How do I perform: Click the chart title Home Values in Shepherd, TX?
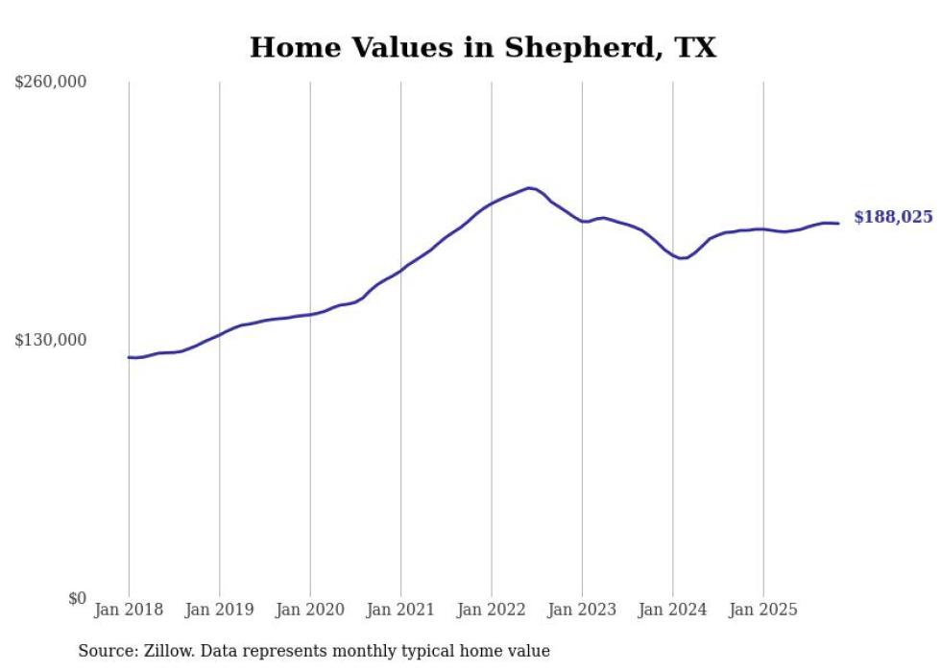pyautogui.click(x=483, y=47)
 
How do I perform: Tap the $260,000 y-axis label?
pyautogui.click(x=51, y=83)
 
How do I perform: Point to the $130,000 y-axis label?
pyautogui.click(x=51, y=340)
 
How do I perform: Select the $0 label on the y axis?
pyautogui.click(x=77, y=598)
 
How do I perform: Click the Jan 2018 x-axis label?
pyautogui.click(x=129, y=610)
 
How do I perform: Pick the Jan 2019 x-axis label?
pyautogui.click(x=219, y=610)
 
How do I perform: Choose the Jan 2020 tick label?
pyautogui.click(x=310, y=610)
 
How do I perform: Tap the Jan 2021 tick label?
pyautogui.click(x=400, y=610)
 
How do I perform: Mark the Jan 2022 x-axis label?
pyautogui.click(x=492, y=610)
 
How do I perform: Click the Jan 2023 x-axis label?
pyautogui.click(x=582, y=610)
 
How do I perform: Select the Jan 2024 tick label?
pyautogui.click(x=673, y=610)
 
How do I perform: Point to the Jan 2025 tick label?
pyautogui.click(x=763, y=610)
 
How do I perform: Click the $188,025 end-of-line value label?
pyautogui.click(x=893, y=218)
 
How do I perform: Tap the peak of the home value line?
pyautogui.click(x=529, y=188)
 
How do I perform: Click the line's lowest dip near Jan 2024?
pyautogui.click(x=682, y=258)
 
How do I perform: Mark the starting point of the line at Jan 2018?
pyautogui.click(x=130, y=357)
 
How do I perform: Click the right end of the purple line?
pyautogui.click(x=838, y=224)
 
